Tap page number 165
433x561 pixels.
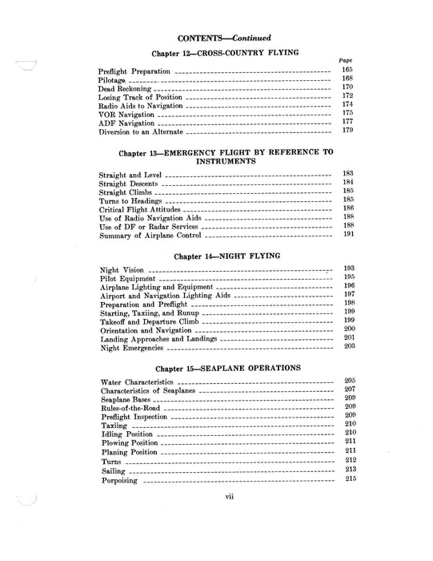tap(347, 71)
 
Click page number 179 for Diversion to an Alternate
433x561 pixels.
tap(347, 130)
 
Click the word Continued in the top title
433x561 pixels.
tap(249, 38)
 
